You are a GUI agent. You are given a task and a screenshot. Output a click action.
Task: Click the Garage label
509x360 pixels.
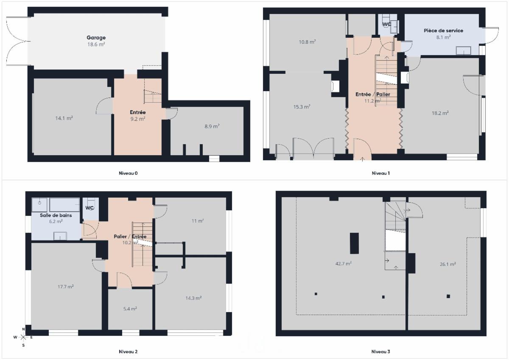pos(96,37)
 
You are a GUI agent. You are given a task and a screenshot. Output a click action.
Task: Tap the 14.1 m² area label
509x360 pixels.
pos(64,118)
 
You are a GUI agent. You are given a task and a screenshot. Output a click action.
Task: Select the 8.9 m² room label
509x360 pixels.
pos(212,126)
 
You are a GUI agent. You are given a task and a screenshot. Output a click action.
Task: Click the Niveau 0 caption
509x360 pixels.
pos(128,173)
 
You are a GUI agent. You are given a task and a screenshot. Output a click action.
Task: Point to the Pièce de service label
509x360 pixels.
pos(443,31)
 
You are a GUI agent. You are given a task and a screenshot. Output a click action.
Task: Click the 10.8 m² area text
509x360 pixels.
pos(307,42)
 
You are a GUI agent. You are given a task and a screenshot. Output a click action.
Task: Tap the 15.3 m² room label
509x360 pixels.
pos(302,107)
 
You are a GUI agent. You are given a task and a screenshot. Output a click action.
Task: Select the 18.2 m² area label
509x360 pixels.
pos(440,113)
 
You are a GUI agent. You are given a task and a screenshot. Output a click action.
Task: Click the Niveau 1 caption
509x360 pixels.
pos(380,173)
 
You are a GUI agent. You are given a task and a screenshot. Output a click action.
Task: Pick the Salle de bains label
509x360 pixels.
pos(56,215)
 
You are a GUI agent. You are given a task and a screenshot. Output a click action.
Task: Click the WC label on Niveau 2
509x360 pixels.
pos(89,208)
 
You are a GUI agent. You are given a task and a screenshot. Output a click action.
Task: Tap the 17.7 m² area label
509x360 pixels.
pos(65,287)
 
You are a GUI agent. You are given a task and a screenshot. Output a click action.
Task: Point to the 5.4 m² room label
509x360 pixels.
pos(130,309)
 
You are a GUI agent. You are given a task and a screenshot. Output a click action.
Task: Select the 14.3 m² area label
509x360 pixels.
pos(193,298)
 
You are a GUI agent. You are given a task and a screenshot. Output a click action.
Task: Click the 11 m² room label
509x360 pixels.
pos(198,221)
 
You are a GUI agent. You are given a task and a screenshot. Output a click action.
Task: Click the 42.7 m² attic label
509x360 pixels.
pos(344,264)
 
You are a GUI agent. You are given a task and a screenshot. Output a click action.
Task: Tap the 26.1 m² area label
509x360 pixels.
pos(447,264)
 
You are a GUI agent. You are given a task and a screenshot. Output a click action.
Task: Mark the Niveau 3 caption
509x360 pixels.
pos(380,352)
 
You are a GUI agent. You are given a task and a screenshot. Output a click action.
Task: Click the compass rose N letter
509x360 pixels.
pos(23,329)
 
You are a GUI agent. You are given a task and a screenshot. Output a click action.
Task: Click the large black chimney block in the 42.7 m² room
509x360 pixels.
pos(354,243)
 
